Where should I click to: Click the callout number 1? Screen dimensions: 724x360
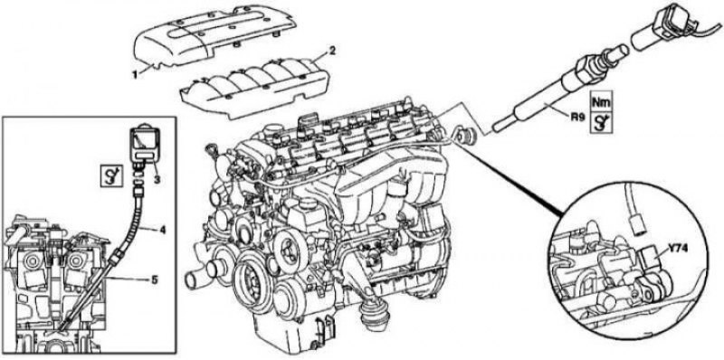(x=135, y=74)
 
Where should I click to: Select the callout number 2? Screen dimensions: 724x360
(x=332, y=51)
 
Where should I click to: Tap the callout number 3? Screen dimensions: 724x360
(x=157, y=179)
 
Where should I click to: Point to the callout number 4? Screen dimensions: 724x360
(x=162, y=228)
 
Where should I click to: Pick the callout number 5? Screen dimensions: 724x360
(x=154, y=280)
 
